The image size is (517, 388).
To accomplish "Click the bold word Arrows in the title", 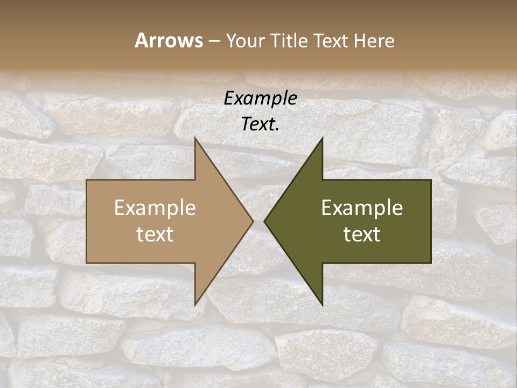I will point(168,40).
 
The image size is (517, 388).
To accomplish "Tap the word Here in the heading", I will point(374,40).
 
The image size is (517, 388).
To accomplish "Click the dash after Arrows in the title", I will point(214,41).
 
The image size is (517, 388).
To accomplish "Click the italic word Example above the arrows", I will point(260,98).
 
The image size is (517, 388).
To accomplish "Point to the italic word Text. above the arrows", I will point(260,124).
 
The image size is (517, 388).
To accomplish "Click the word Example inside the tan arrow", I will point(155,207).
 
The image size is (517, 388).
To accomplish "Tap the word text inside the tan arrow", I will point(155,234).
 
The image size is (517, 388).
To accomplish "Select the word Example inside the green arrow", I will point(362,207).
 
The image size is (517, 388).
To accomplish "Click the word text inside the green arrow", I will point(362,234).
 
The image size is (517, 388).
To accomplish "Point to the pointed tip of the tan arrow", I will point(253,221).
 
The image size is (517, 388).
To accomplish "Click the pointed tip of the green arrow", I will point(264,221).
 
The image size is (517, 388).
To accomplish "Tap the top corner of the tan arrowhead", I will point(195,138).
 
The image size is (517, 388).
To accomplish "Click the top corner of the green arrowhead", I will point(322,138).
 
